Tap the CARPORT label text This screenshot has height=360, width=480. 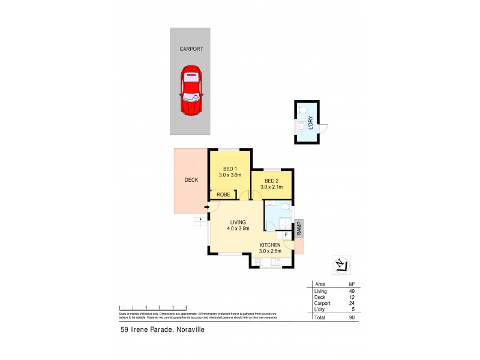[x=191, y=50]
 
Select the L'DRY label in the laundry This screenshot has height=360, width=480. [x=310, y=123]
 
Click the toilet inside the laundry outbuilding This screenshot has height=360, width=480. [x=304, y=110]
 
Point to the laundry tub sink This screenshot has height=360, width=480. [x=301, y=127]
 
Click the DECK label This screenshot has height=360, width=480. [x=191, y=179]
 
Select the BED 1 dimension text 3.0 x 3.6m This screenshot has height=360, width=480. [x=229, y=175]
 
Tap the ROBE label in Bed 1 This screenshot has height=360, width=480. [x=223, y=194]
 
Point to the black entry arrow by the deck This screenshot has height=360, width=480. [x=206, y=208]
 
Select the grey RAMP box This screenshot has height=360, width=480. [x=298, y=229]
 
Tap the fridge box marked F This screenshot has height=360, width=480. [x=286, y=235]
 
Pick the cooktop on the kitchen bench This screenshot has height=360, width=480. [x=261, y=262]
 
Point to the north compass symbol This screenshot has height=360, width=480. [x=341, y=263]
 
